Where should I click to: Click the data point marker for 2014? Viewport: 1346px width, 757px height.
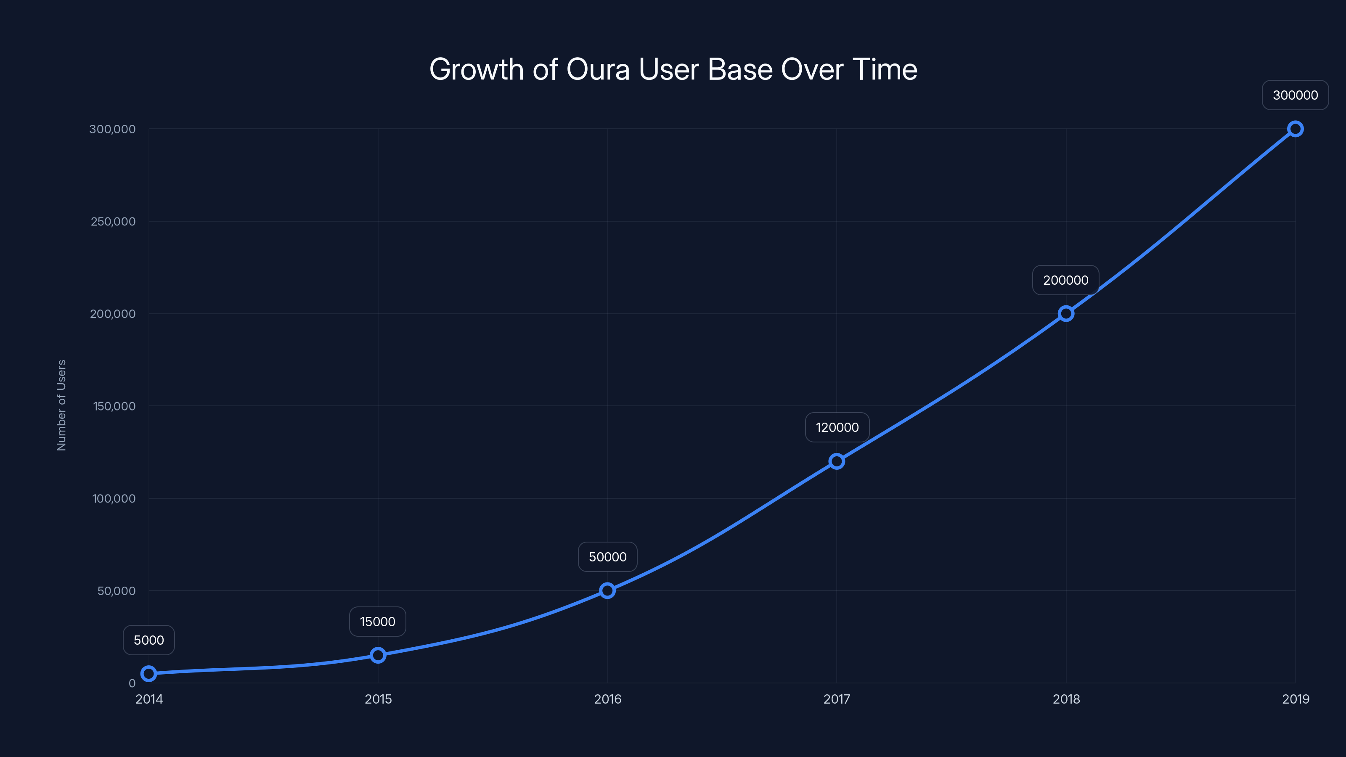tap(149, 673)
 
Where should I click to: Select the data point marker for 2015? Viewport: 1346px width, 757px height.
tap(378, 655)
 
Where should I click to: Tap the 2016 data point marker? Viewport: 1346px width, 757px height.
tap(607, 590)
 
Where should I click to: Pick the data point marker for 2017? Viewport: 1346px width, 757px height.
tap(837, 461)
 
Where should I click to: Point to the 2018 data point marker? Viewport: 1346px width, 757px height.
tap(1066, 313)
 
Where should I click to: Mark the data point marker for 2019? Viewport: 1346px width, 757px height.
tap(1296, 129)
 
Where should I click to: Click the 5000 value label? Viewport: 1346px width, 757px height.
tap(149, 640)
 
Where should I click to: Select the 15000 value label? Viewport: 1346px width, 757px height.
tap(378, 622)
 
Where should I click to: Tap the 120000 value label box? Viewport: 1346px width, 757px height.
tap(837, 427)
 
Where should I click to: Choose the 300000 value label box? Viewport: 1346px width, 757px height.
tap(1296, 95)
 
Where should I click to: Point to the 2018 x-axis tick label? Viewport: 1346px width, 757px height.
tap(1066, 699)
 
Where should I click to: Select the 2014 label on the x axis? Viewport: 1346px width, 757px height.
tap(149, 699)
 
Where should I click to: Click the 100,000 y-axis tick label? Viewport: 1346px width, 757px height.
tap(114, 498)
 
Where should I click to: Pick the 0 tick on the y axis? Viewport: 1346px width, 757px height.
tap(132, 683)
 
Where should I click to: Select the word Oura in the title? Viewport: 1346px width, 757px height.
tap(598, 69)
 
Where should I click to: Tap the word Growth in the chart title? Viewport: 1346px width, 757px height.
tap(476, 69)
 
